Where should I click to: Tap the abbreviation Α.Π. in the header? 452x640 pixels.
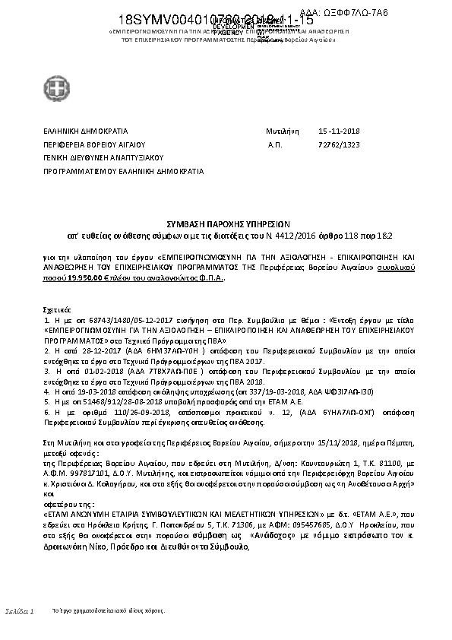pos(275,144)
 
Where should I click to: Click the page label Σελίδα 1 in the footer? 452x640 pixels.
pos(20,611)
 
